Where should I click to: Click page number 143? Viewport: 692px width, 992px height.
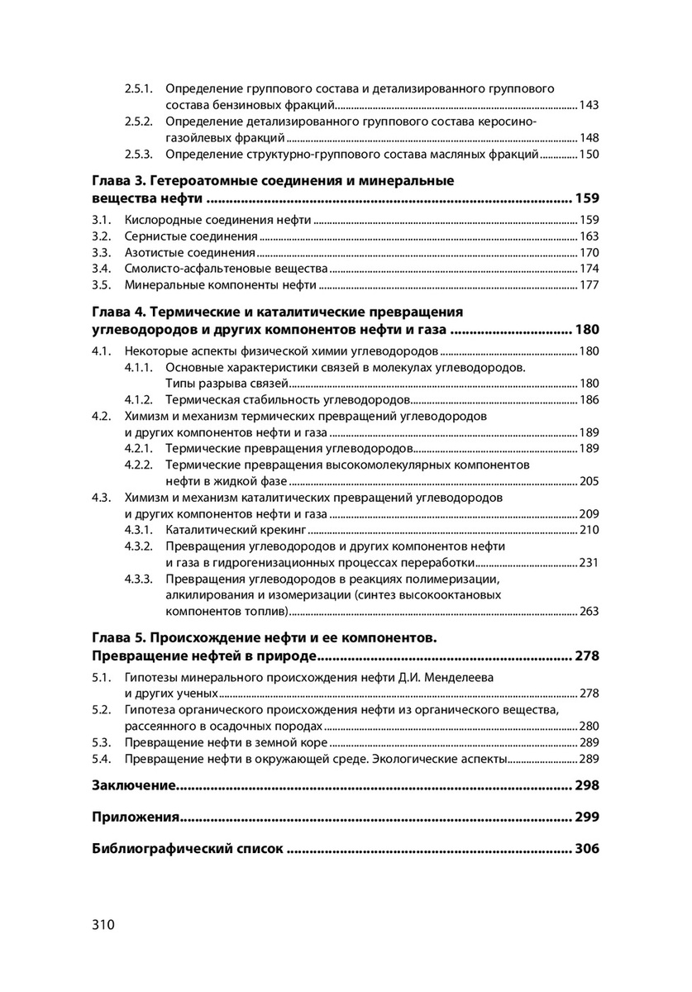click(x=589, y=105)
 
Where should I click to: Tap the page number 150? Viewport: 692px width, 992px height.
click(x=589, y=155)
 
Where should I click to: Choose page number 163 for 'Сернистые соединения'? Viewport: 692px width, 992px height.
click(x=589, y=236)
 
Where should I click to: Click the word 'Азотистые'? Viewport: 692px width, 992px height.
click(x=154, y=252)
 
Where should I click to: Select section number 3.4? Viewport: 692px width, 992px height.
click(x=101, y=269)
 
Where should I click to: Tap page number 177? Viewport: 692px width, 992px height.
click(x=589, y=285)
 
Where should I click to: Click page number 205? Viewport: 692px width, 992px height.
click(x=589, y=481)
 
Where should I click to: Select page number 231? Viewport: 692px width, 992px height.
click(x=589, y=563)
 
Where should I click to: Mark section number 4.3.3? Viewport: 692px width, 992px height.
click(x=140, y=579)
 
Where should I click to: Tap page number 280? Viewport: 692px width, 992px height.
click(x=589, y=726)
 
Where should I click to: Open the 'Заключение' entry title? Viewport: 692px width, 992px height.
click(x=132, y=785)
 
